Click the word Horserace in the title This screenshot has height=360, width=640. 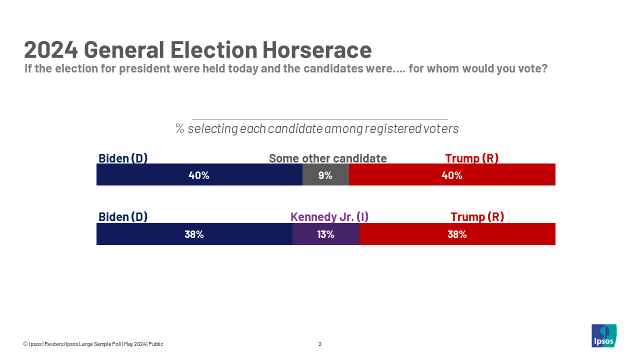pos(317,50)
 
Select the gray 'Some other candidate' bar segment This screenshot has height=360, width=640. pos(325,175)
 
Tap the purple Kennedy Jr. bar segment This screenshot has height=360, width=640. pos(325,234)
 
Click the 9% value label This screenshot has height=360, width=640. pos(325,175)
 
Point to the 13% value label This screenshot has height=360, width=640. pos(325,234)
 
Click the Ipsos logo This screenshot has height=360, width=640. pos(603,335)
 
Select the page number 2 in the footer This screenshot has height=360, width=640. pos(320,344)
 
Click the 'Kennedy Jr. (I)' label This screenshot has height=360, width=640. pos(329,217)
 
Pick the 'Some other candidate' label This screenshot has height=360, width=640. pos(327,158)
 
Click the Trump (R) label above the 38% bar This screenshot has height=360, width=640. pos(477,217)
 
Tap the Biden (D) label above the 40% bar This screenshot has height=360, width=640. pos(123,158)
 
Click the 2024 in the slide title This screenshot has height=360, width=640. pos(51,50)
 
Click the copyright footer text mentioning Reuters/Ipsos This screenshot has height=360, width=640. pos(93,344)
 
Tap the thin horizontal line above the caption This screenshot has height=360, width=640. pos(320,119)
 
